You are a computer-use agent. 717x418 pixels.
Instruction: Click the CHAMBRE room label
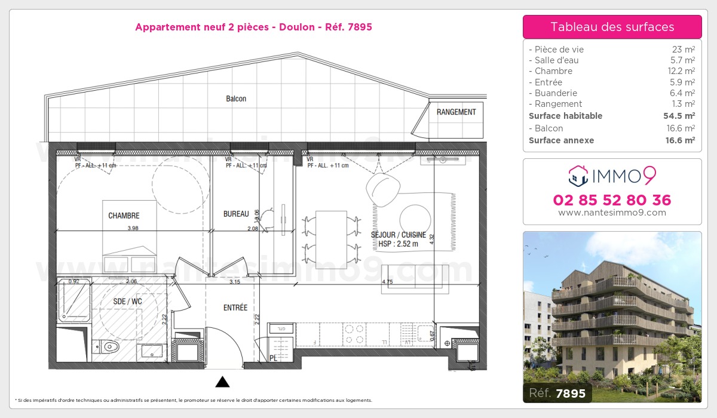point(124,216)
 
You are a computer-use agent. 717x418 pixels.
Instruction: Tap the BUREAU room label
point(235,214)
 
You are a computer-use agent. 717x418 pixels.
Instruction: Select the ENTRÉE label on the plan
point(235,308)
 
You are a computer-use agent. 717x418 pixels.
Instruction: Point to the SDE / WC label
point(128,302)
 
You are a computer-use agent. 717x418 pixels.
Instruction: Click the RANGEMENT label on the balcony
point(456,112)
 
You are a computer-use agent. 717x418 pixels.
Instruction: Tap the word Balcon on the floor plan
point(236,99)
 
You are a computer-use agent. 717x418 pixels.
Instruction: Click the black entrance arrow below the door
point(222,382)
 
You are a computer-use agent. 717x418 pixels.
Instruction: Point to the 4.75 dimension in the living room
point(387,282)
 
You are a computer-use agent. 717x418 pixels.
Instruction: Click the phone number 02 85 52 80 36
point(612,200)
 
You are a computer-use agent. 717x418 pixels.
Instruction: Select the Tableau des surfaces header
point(612,27)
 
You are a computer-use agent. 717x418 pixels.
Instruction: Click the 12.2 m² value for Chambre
point(682,71)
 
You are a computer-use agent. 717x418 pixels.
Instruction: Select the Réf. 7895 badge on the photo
point(557,392)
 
